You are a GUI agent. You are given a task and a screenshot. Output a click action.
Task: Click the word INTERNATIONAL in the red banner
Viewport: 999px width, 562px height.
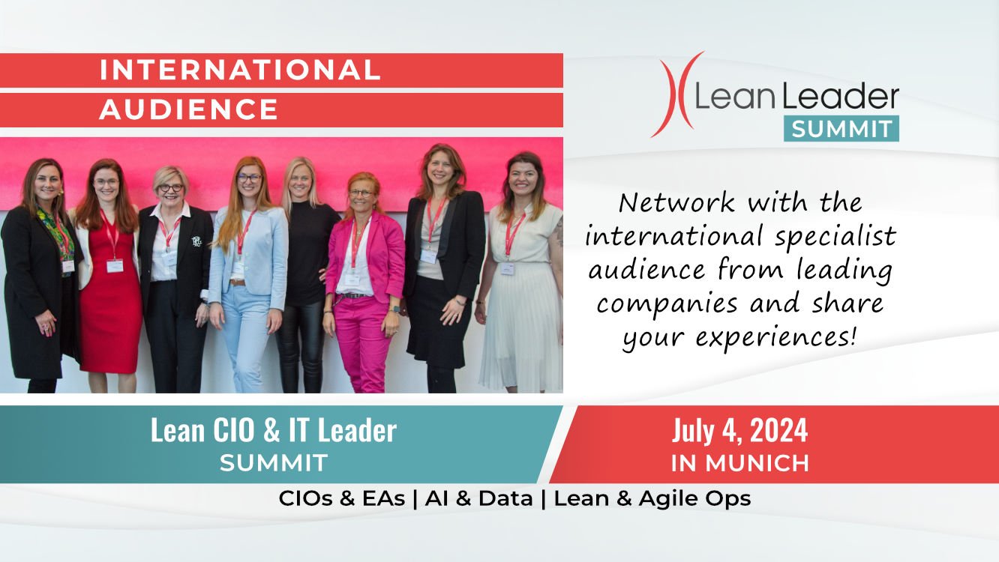click(x=240, y=70)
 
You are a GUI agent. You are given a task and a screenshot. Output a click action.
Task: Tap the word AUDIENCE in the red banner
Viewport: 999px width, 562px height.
click(x=189, y=109)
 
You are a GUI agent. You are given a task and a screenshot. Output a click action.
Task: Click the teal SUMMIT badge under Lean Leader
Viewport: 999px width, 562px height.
click(x=841, y=129)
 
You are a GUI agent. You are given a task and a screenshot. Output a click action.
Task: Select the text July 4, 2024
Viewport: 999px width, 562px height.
click(x=740, y=430)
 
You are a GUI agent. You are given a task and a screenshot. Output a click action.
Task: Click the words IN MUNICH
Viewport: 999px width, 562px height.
click(x=740, y=463)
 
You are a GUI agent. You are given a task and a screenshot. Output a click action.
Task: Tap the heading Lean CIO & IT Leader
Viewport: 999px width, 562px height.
click(x=274, y=430)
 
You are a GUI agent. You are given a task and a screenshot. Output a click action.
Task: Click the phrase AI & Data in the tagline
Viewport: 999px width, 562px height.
click(x=478, y=498)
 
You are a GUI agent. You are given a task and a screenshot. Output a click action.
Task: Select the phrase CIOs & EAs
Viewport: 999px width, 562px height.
click(x=341, y=498)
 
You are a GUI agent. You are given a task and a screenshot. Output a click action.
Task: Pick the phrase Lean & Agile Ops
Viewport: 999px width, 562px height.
click(x=652, y=499)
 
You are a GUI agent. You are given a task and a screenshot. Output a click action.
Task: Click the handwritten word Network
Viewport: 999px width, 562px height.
click(x=676, y=203)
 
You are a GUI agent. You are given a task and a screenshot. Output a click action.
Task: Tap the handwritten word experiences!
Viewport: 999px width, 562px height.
click(x=776, y=337)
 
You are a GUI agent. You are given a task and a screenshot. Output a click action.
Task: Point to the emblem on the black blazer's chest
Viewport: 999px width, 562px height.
click(x=196, y=241)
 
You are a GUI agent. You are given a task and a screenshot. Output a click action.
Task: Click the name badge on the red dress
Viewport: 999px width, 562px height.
click(x=115, y=266)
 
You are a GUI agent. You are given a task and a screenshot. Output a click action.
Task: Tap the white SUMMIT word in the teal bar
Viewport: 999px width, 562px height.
click(x=274, y=463)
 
